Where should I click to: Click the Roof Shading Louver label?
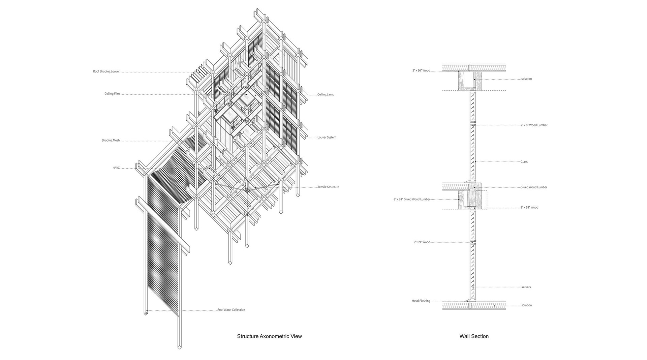[x=106, y=71]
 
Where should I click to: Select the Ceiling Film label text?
[x=112, y=94]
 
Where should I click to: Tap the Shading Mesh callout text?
[x=111, y=140]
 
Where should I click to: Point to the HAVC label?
[x=116, y=168]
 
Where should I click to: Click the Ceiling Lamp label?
[x=326, y=94]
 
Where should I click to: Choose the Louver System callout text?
[x=327, y=138]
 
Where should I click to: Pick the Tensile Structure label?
[x=328, y=187]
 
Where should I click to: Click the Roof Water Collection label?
[x=231, y=310]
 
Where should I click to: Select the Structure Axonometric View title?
[x=269, y=336]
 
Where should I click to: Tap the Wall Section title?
[x=474, y=336]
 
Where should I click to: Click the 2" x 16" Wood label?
[x=421, y=70]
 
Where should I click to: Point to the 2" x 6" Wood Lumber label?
[x=534, y=125]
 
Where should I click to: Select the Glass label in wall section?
[x=524, y=162]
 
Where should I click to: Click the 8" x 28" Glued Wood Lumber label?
[x=412, y=199]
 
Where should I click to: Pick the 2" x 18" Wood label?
[x=529, y=207]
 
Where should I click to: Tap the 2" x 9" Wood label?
[x=422, y=242]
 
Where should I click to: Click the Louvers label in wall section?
[x=525, y=287]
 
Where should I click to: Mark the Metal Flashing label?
[x=421, y=301]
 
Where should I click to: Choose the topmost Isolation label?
[x=526, y=79]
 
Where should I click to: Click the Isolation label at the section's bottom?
[x=526, y=305]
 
